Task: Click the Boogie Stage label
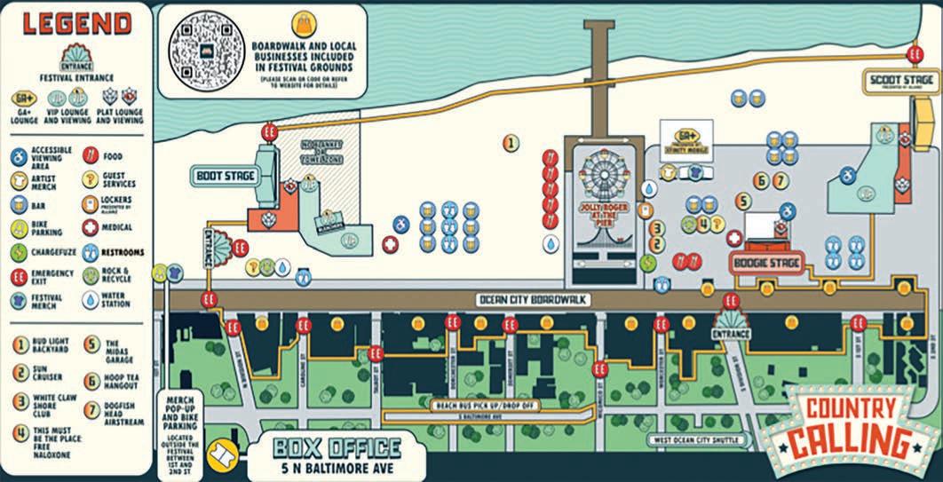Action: coord(765,264)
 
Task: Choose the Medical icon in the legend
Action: coord(90,226)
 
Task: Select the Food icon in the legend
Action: coord(90,155)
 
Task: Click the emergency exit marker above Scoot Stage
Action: coord(915,54)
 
